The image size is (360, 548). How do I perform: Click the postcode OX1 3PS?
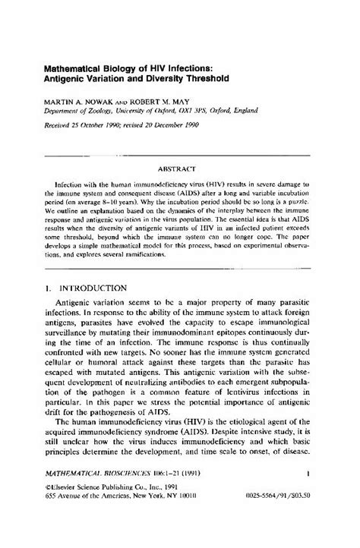tap(213, 111)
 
